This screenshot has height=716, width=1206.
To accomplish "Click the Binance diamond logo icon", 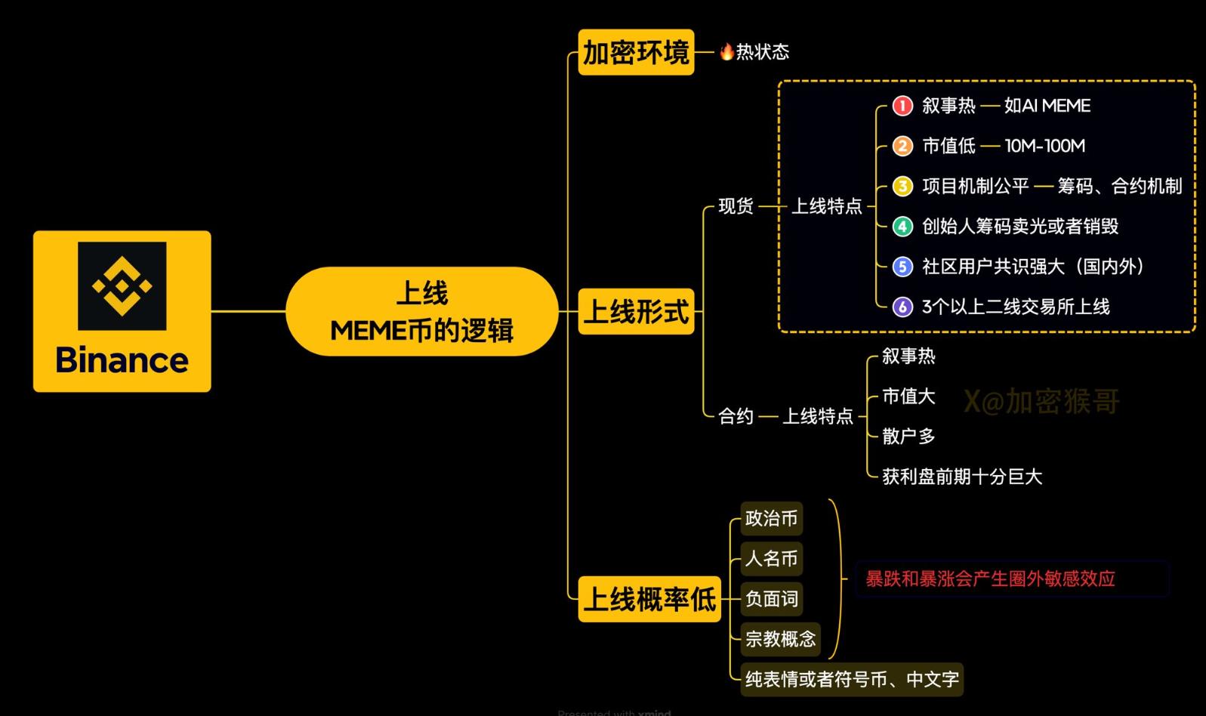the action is [x=122, y=285].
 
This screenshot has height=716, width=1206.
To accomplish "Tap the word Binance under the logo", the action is [x=122, y=360].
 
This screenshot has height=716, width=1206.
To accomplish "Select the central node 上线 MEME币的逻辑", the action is [x=422, y=311].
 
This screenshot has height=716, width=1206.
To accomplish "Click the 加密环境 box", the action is [x=636, y=52].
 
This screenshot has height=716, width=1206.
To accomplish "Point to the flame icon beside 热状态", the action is [x=726, y=51].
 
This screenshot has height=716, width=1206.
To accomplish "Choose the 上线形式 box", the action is [x=636, y=311].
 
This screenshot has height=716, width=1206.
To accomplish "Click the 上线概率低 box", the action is [x=649, y=599].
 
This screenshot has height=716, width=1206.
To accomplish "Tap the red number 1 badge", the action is [x=903, y=106].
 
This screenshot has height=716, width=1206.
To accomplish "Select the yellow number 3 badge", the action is [x=903, y=187].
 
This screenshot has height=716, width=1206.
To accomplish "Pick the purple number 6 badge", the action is [x=903, y=307].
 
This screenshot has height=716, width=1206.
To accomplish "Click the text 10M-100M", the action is [x=1045, y=146].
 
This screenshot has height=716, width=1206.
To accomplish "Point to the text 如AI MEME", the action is [x=1047, y=106].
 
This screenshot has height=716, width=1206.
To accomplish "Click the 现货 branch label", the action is [x=736, y=205].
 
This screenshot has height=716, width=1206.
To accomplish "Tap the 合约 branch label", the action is [x=736, y=415].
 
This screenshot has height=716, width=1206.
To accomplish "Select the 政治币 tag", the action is [x=772, y=518].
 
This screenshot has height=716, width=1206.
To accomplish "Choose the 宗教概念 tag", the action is [x=780, y=639].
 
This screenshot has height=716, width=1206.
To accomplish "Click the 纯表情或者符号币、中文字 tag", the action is [x=852, y=680].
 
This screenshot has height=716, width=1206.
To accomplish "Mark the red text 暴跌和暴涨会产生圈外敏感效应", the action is [x=990, y=579].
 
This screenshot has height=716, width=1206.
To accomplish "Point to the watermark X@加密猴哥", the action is [x=1041, y=401].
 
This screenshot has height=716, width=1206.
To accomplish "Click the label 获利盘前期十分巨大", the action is [x=962, y=477].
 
